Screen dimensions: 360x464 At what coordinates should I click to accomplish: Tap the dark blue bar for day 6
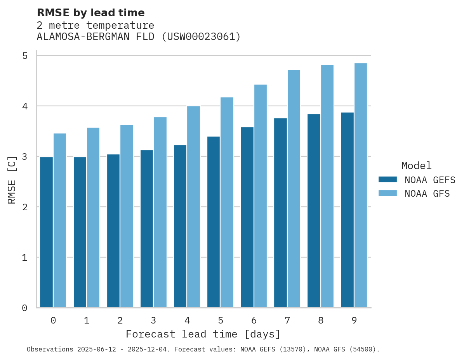(247, 217)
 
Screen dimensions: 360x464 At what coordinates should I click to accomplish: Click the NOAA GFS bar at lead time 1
(93, 218)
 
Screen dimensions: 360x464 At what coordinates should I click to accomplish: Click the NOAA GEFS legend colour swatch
(388, 180)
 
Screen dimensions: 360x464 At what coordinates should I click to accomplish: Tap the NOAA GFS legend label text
(427, 194)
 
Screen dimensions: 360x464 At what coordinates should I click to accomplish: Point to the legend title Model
(416, 166)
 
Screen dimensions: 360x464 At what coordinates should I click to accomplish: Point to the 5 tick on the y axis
(25, 56)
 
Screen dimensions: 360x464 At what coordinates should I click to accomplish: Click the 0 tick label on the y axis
(25, 308)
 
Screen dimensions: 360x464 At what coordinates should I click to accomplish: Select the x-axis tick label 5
(221, 320)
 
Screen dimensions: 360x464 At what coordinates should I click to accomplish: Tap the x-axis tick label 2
(120, 320)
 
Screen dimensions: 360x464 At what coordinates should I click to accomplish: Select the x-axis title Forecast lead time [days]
(203, 334)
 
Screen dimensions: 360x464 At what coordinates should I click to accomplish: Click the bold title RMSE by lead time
(90, 13)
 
